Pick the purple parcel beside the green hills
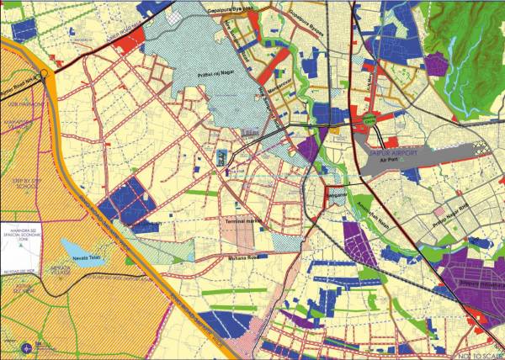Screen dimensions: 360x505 point(437,64)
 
